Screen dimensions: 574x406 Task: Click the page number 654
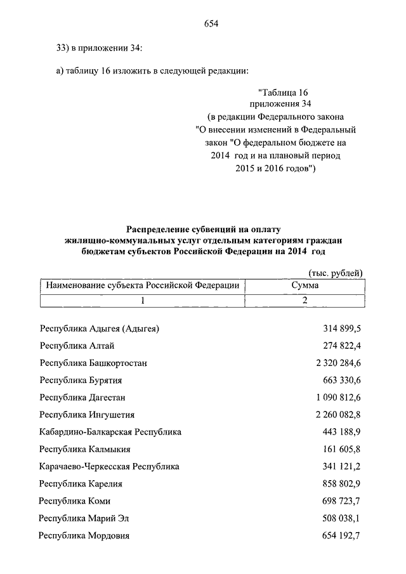coord(211,24)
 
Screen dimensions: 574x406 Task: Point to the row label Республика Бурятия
coord(81,380)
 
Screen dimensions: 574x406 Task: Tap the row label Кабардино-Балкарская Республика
coord(110,432)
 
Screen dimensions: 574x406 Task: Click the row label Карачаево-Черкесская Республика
coord(109,466)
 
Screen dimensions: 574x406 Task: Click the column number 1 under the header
coord(143,300)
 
